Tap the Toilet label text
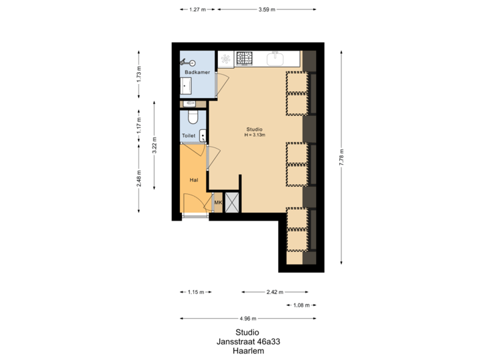pyautogui.click(x=189, y=135)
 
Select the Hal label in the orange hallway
pyautogui.click(x=193, y=179)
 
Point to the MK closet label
pyautogui.click(x=217, y=203)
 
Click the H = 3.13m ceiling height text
pyautogui.click(x=254, y=135)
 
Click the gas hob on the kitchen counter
pyautogui.click(x=245, y=59)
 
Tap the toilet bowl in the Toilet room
pyautogui.click(x=193, y=118)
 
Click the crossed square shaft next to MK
pyautogui.click(x=233, y=203)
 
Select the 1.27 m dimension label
pyautogui.click(x=197, y=10)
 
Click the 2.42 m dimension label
pyautogui.click(x=275, y=292)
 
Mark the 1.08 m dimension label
pyautogui.click(x=301, y=305)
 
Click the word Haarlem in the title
pyautogui.click(x=247, y=351)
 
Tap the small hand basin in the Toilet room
pyautogui.click(x=203, y=134)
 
